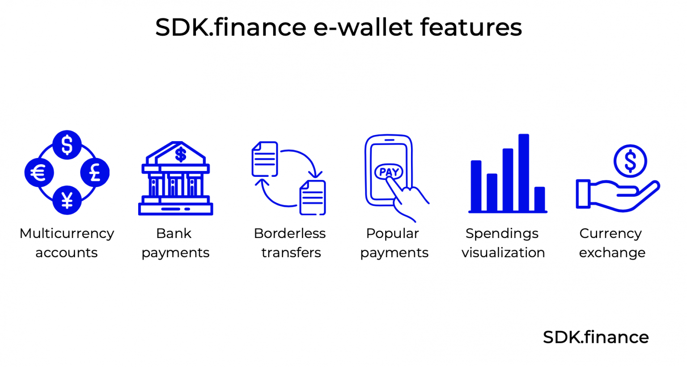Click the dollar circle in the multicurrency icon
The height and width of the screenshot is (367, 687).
pyautogui.click(x=67, y=145)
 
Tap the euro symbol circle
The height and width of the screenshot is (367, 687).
pyautogui.click(x=39, y=173)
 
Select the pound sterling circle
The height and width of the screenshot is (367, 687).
pyautogui.click(x=95, y=173)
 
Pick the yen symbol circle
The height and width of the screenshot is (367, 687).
pyautogui.click(x=67, y=200)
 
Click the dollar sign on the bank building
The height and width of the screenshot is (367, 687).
pyautogui.click(x=181, y=155)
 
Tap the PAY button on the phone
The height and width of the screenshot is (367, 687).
pyautogui.click(x=389, y=172)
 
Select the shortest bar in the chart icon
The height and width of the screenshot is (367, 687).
pyautogui.click(x=539, y=199)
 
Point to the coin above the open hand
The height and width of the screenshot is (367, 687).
pyautogui.click(x=630, y=161)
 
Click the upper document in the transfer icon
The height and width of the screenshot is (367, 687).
pyautogui.click(x=265, y=159)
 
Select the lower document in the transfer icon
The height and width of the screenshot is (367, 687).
pyautogui.click(x=313, y=197)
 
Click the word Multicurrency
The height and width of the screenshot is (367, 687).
pyautogui.click(x=67, y=234)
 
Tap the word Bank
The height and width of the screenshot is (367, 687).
pyautogui.click(x=174, y=234)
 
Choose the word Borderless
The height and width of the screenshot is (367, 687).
pyautogui.click(x=290, y=234)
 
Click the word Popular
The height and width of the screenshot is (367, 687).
pyautogui.click(x=393, y=234)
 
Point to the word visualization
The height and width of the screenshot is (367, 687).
pyautogui.click(x=503, y=253)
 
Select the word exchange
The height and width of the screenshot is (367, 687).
pyautogui.click(x=612, y=253)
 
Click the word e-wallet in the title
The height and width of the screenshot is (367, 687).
pyautogui.click(x=363, y=28)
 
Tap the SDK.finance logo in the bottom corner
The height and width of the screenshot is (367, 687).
pyautogui.click(x=596, y=338)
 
